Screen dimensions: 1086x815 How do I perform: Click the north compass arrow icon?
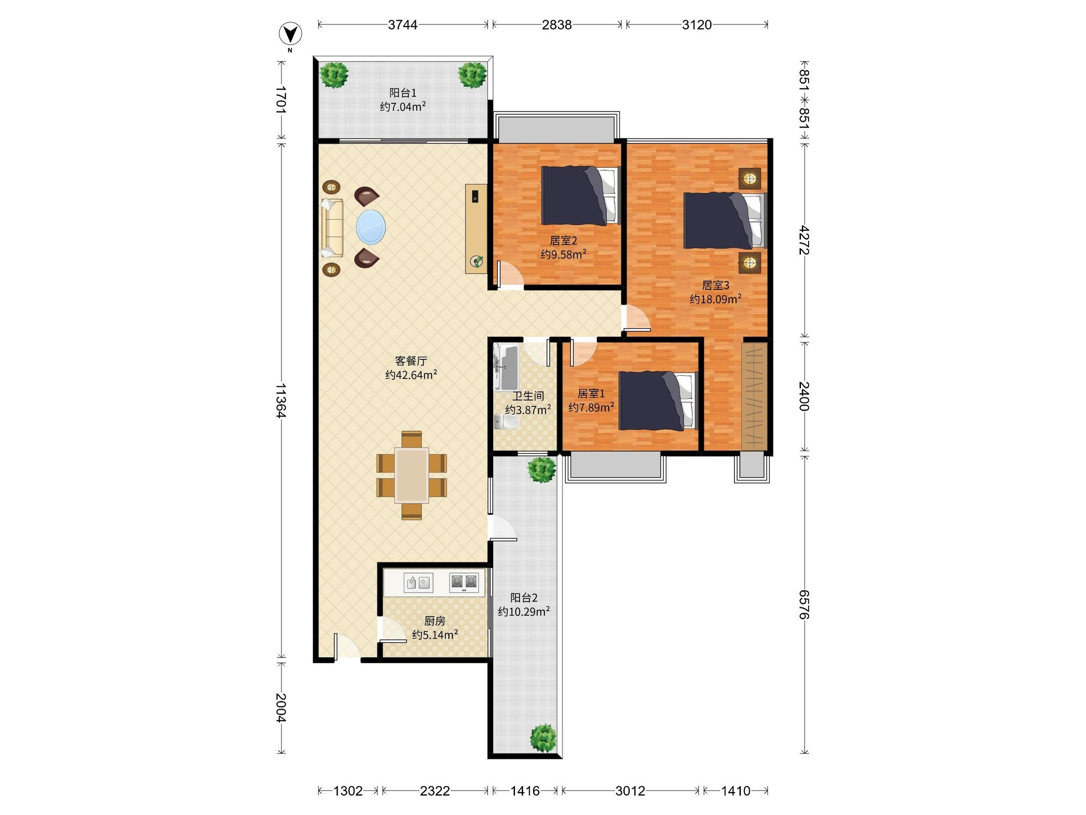tap(290, 34)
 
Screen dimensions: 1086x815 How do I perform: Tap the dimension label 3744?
tap(403, 24)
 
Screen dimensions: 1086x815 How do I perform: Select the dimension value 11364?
tap(281, 400)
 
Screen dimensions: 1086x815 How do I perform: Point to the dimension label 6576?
tap(803, 605)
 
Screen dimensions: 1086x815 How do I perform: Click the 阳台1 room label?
tap(403, 93)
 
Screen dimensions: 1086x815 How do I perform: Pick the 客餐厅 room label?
tap(411, 361)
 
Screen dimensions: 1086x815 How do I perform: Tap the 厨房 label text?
tap(435, 621)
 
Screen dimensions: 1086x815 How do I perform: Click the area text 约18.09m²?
tap(715, 299)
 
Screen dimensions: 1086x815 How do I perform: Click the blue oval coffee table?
tap(371, 227)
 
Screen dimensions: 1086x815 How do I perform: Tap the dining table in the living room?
tap(411, 475)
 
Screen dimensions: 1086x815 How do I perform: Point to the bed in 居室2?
tap(581, 196)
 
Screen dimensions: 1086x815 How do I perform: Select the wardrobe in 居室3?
tap(754, 395)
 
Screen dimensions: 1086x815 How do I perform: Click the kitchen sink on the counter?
tap(418, 583)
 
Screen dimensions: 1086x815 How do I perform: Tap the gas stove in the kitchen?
tap(464, 582)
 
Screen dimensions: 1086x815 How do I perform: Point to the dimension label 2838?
tap(557, 24)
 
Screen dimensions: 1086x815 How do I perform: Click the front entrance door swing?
tap(347, 647)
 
